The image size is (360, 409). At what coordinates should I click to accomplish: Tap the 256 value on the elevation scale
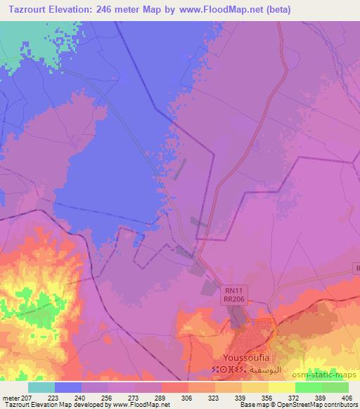click(x=107, y=397)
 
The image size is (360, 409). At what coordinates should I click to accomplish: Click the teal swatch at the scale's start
click(x=41, y=387)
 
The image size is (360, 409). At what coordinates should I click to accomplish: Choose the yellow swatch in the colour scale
click(x=281, y=387)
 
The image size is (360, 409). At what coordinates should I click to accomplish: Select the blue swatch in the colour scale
click(x=68, y=387)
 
